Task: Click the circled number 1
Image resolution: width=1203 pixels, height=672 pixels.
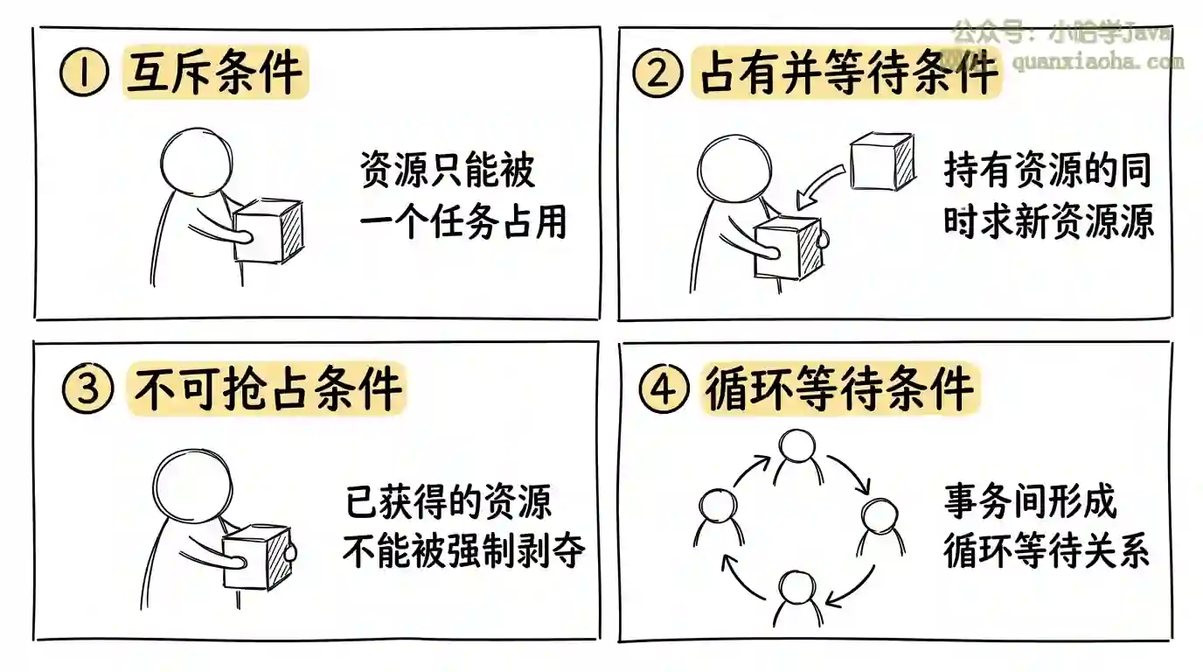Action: coord(84,73)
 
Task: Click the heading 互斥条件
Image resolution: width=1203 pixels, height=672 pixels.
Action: coord(215,73)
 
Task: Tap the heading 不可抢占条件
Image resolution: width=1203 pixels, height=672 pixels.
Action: coord(267,388)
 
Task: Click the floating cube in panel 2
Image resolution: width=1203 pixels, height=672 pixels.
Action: coord(883,161)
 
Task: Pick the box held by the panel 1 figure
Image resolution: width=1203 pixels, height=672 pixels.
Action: coord(269,231)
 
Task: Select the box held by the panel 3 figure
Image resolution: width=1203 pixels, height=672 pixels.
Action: coord(257,557)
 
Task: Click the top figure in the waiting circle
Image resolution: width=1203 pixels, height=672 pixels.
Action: coord(798,455)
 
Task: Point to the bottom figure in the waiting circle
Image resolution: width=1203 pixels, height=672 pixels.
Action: coord(798,598)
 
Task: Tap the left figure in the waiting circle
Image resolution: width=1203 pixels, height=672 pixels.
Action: coord(718,515)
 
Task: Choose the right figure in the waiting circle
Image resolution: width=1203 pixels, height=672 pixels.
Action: coord(880,526)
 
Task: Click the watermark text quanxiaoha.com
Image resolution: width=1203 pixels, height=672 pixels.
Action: coord(1097,62)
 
